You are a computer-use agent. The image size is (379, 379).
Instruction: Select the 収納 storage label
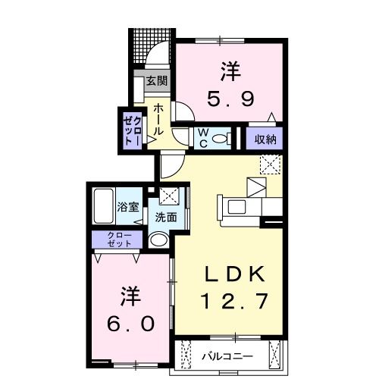(x=265, y=139)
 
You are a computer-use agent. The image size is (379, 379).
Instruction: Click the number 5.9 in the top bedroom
(x=230, y=98)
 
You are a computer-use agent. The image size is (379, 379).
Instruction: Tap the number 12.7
(x=233, y=302)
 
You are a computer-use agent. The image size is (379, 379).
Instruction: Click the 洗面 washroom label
(x=167, y=216)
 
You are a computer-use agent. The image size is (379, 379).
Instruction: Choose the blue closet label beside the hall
(x=130, y=128)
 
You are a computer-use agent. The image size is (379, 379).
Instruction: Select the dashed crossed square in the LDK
(x=270, y=164)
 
